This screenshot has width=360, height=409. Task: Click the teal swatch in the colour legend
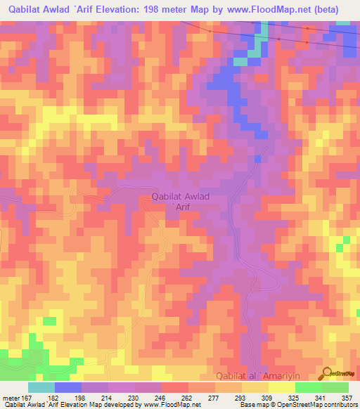click(41, 387)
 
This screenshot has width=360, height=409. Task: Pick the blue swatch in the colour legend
click(68, 387)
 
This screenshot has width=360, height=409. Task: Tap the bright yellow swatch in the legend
click(281, 387)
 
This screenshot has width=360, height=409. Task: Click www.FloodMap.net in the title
click(269, 10)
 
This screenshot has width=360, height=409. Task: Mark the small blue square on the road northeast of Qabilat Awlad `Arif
click(257, 160)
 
